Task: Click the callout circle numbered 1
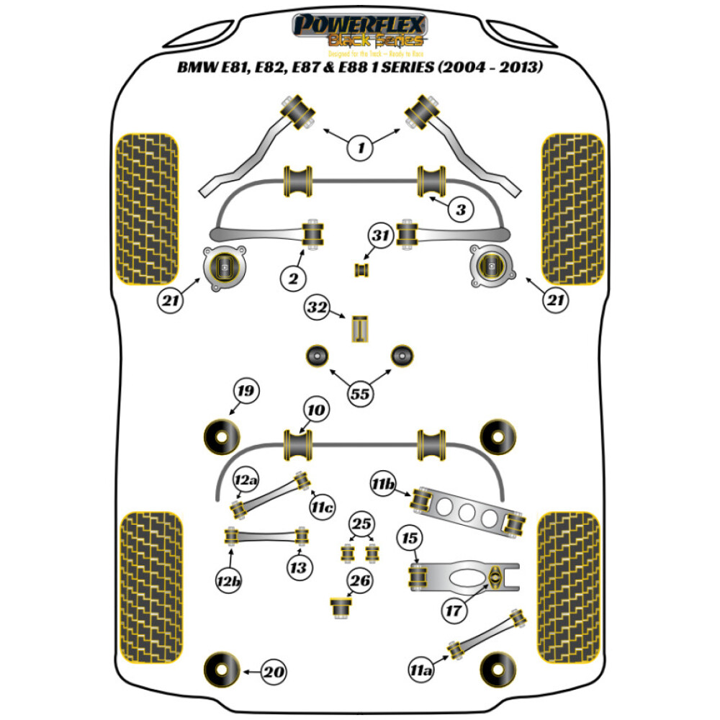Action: coord(360,148)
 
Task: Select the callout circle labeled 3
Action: coord(460,210)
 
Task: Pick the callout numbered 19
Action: coord(245,392)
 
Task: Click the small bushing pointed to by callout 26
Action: coord(339,606)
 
